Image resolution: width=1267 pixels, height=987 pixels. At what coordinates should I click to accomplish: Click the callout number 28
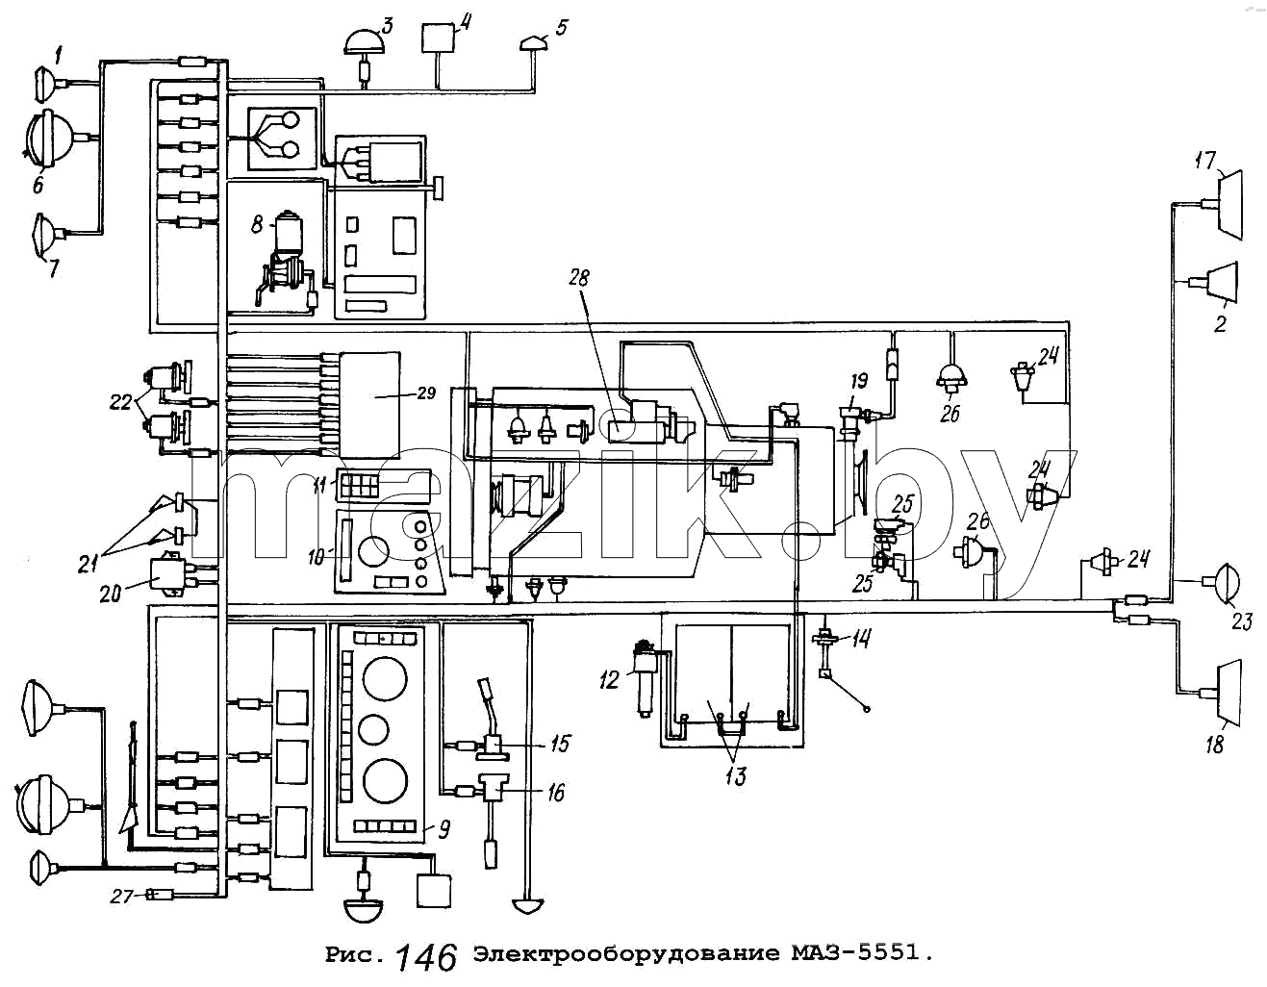[579, 278]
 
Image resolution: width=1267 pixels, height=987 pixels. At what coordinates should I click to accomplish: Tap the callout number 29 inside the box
[426, 392]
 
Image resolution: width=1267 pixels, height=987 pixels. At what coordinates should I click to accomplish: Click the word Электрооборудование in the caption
[625, 953]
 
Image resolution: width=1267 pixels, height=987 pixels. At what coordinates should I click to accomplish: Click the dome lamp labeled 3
[365, 43]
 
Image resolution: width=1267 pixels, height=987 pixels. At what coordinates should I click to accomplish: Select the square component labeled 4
[439, 38]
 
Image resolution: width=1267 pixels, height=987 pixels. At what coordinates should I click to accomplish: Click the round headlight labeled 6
[49, 139]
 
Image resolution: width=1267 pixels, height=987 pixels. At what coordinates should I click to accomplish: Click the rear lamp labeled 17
[1229, 204]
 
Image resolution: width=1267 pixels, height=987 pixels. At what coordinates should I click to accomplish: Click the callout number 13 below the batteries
[736, 776]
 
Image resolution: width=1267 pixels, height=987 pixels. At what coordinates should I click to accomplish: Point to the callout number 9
[444, 830]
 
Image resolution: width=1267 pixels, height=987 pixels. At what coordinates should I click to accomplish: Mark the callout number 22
[120, 402]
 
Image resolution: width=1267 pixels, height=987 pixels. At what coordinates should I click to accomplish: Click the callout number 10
[316, 557]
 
